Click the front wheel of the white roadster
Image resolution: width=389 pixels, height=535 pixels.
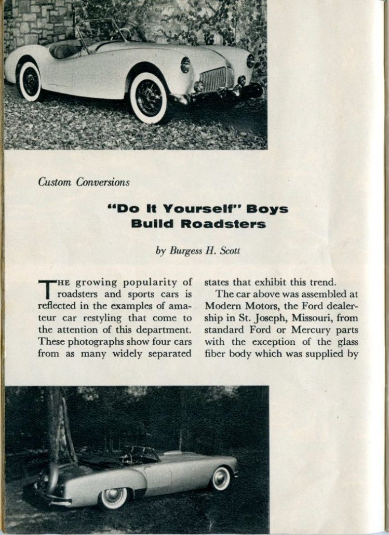point(149,97)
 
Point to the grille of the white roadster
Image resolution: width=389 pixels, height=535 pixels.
point(213,79)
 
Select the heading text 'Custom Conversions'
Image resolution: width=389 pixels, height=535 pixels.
point(84,182)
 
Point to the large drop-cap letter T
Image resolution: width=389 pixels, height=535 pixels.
point(46,290)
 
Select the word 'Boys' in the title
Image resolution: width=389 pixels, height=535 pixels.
point(268,209)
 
